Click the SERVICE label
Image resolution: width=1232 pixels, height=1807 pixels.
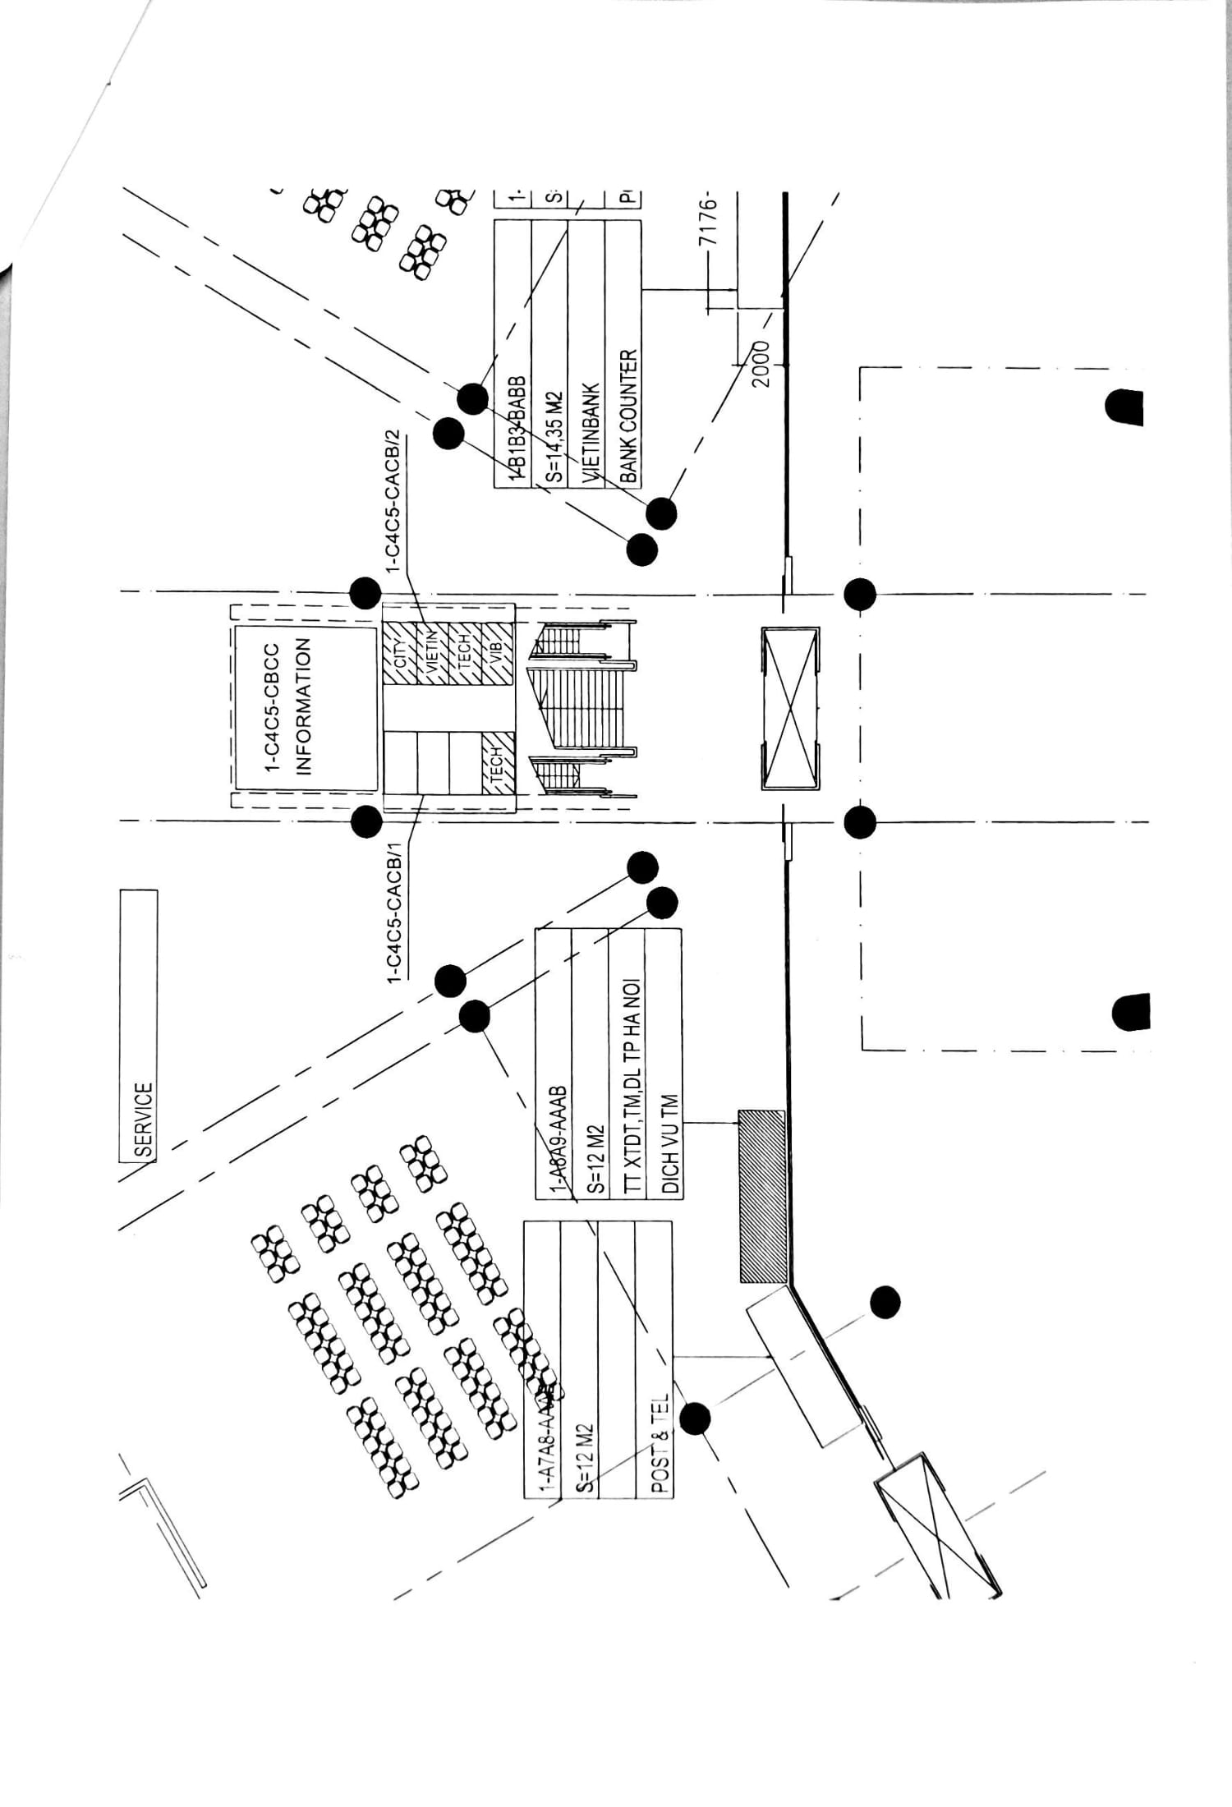[x=144, y=1120]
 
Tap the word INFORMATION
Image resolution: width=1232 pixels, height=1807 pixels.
[x=303, y=706]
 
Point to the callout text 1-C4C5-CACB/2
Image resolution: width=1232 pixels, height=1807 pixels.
[x=393, y=500]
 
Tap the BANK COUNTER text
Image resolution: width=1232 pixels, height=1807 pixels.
[x=628, y=416]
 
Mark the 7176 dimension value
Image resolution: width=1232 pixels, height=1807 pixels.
[x=709, y=220]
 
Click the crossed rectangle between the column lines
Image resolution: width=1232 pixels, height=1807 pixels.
[x=790, y=708]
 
